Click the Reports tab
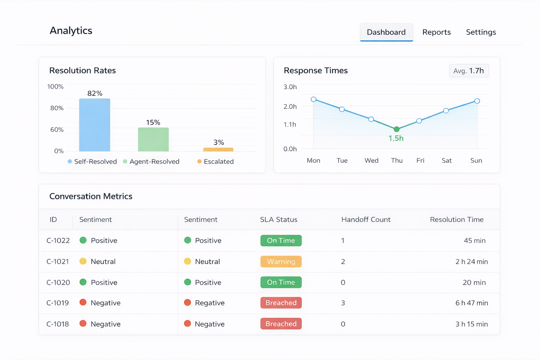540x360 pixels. [436, 32]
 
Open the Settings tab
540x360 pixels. [481, 32]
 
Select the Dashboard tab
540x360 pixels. [386, 32]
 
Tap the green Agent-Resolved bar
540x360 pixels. [153, 140]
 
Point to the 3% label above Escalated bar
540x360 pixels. [218, 142]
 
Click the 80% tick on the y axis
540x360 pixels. [57, 108]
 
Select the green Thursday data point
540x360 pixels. [397, 129]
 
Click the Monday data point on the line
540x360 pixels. [314, 99]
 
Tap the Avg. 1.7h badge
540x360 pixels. [469, 71]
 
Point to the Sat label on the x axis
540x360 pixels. [446, 161]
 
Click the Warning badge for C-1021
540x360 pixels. [281, 262]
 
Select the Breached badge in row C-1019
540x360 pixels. [281, 303]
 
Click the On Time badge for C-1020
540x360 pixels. [281, 282]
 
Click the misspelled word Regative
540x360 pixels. [210, 303]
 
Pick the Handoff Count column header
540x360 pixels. [366, 219]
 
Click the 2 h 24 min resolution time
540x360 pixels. [471, 262]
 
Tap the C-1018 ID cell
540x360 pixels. [58, 324]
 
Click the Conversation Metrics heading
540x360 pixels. [91, 196]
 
